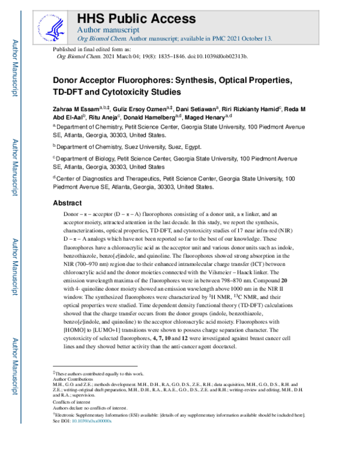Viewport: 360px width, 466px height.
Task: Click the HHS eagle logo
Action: point(53,25)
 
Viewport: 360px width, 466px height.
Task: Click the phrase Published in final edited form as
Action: point(88,49)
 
